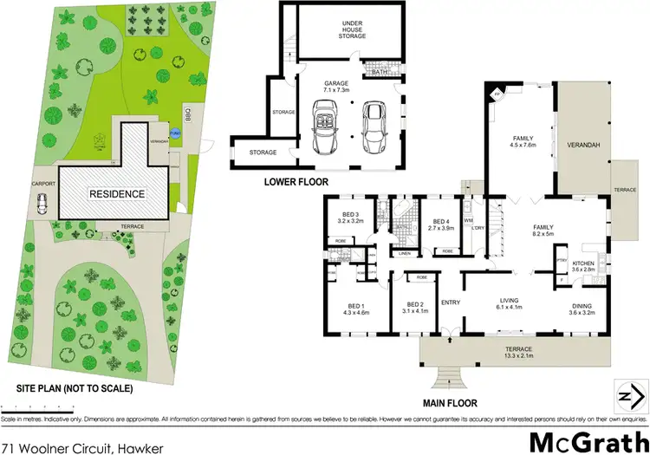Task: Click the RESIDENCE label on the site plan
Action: click(115, 193)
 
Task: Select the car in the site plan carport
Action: click(42, 205)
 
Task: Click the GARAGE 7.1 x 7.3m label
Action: click(335, 87)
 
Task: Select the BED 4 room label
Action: click(441, 224)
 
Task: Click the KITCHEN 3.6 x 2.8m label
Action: click(582, 266)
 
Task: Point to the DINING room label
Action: click(582, 308)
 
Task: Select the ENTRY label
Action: click(450, 302)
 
